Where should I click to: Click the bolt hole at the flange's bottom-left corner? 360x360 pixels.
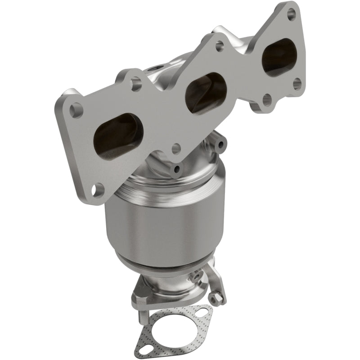pos(95,190)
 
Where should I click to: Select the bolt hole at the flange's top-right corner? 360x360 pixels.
pos(291,12)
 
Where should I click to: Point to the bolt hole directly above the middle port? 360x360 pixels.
pos(219,45)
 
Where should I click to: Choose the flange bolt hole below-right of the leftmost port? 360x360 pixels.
pos(176,148)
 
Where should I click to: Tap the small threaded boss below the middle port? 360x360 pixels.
pos(176,169)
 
